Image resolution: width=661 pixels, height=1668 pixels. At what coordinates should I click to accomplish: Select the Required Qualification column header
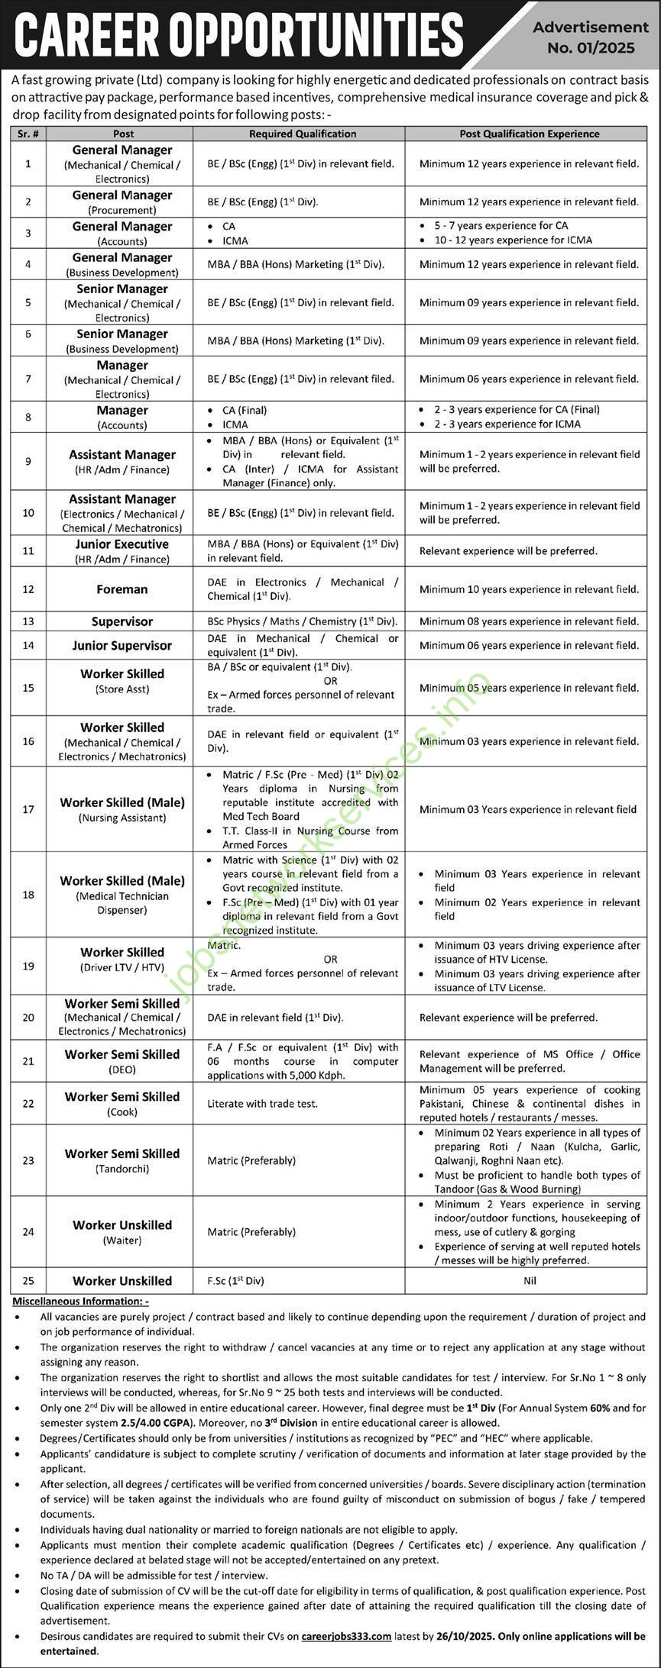point(303,134)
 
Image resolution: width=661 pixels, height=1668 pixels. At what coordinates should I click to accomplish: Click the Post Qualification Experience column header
point(529,134)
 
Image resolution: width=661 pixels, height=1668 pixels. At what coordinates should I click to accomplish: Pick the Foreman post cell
point(122,589)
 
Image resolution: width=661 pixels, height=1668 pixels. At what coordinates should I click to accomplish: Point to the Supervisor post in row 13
point(122,621)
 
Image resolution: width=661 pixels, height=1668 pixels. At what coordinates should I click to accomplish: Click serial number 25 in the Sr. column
point(28,1281)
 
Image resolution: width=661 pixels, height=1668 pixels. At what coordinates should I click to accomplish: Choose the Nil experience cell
point(530,1281)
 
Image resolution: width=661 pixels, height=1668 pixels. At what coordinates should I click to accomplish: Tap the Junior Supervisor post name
point(122,646)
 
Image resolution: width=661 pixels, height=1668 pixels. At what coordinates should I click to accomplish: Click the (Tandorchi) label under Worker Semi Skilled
point(122,1169)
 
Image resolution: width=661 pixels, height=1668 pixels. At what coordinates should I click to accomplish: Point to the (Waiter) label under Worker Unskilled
point(122,1241)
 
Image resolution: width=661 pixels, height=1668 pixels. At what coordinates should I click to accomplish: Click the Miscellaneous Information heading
point(80,1301)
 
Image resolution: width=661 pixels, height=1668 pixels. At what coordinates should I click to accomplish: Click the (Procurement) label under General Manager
point(122,210)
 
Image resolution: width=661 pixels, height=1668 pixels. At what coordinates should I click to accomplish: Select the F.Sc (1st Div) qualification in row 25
point(235,1281)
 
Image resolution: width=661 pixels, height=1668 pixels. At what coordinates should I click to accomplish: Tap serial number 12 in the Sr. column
point(28,589)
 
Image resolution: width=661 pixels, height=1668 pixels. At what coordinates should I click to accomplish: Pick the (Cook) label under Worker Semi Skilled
point(122,1112)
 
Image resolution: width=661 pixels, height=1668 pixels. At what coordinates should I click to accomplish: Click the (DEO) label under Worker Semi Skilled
point(122,1070)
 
